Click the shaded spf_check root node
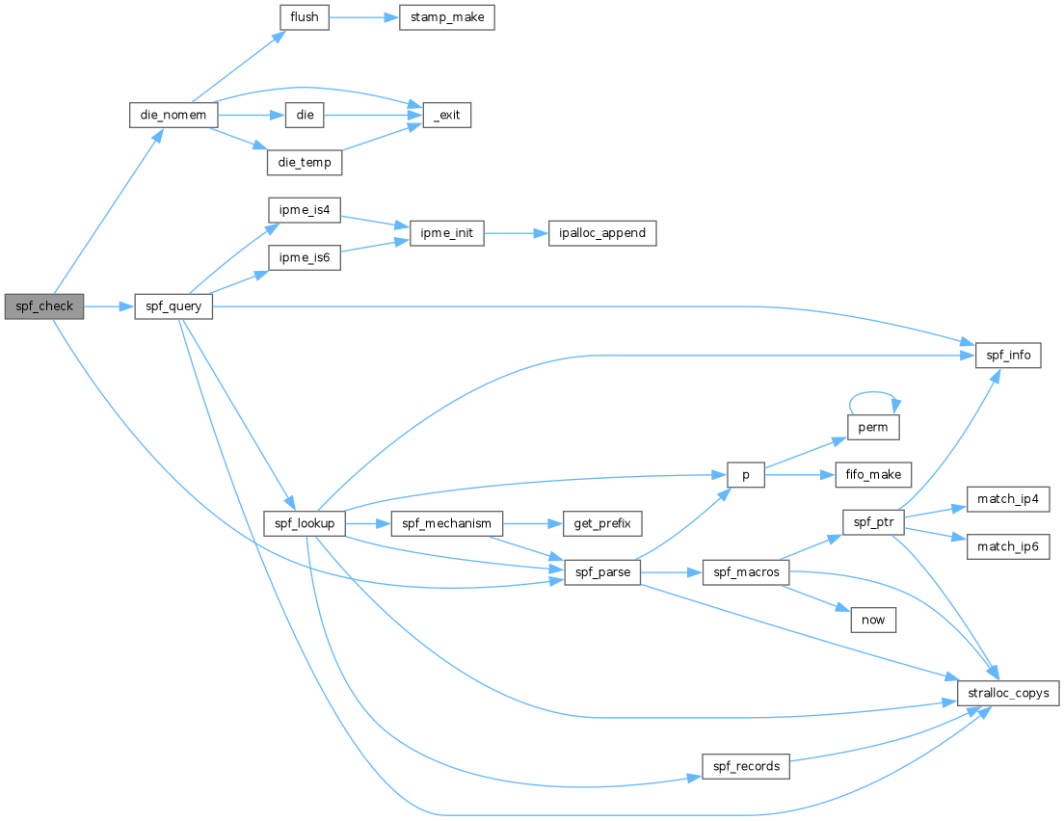coord(44,306)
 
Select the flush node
coord(304,17)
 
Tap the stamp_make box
coord(446,17)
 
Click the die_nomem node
coord(173,115)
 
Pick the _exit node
coord(446,115)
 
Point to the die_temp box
coord(304,162)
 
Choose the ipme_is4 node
coord(304,210)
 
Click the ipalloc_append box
coord(602,233)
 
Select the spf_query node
coord(173,306)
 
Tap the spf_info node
coord(1008,356)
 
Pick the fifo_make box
coord(873,475)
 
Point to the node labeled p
coord(746,475)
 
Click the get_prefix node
coord(602,524)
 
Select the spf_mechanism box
coord(446,524)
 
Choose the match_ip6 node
coord(1008,547)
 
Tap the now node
coord(873,621)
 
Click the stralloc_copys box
coord(1008,694)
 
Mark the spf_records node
coord(746,767)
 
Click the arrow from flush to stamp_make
coord(363,17)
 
